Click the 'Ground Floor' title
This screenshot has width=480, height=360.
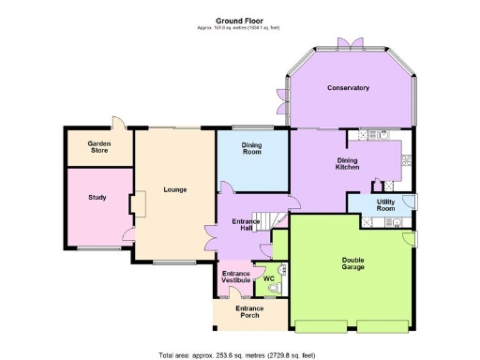point(240,20)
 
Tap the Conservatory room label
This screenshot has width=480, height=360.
point(348,88)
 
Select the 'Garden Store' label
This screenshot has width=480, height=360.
point(99,147)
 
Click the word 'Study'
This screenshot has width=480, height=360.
point(98,197)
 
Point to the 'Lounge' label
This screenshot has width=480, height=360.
point(175,189)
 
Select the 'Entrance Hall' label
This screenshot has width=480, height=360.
point(246,225)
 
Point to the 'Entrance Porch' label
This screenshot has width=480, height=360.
point(248,312)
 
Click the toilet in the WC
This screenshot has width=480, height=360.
point(275,290)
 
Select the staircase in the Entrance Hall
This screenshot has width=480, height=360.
point(273,222)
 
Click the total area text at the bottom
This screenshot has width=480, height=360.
point(240,354)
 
